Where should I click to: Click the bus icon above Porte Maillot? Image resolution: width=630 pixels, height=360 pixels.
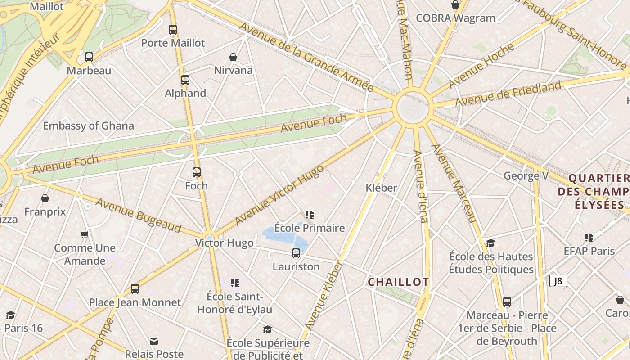click(x=173, y=30)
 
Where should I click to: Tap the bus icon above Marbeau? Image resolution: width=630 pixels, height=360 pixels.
click(x=89, y=57)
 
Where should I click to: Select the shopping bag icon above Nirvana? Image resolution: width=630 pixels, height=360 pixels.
click(x=233, y=57)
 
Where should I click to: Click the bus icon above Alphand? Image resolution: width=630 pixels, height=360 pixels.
click(x=185, y=80)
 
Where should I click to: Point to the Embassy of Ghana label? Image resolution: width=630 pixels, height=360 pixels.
click(x=89, y=126)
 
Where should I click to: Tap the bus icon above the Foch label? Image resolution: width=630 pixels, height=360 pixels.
click(x=197, y=172)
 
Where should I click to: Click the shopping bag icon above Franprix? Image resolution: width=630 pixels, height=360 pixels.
click(x=45, y=198)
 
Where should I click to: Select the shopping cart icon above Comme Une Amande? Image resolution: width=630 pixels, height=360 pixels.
click(x=84, y=235)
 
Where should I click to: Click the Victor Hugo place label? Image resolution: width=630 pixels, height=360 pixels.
click(x=224, y=243)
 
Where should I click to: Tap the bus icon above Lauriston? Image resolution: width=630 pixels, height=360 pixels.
click(x=296, y=253)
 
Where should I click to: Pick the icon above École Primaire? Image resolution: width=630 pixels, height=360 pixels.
click(x=310, y=215)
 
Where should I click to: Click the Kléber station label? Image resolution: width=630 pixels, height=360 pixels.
click(x=382, y=188)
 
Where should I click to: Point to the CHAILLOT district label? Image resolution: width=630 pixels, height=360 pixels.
click(x=398, y=282)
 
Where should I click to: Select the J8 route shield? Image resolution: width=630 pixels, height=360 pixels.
click(x=558, y=281)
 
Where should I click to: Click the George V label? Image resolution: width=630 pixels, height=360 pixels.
click(x=526, y=175)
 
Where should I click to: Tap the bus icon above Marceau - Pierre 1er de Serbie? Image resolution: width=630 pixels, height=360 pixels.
click(x=507, y=302)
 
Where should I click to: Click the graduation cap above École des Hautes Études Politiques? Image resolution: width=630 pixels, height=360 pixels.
click(x=491, y=243)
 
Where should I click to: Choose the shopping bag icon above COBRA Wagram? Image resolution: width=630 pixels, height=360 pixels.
click(x=455, y=5)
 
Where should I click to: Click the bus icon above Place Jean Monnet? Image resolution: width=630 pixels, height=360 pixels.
click(x=135, y=289)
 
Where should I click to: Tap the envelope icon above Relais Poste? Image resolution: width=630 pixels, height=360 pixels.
click(x=154, y=341)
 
